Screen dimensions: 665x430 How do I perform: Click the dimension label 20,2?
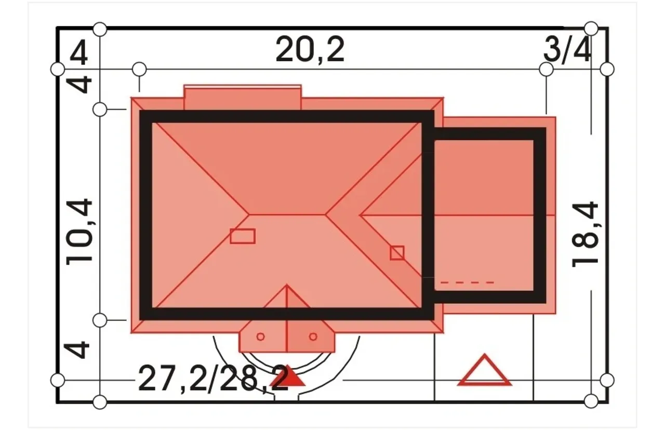(x=310, y=49)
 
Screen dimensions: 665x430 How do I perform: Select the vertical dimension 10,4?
(x=79, y=232)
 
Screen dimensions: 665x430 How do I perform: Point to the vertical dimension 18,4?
(x=585, y=234)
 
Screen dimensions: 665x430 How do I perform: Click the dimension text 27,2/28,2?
(x=213, y=379)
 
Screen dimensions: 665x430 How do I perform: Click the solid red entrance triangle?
(x=287, y=377)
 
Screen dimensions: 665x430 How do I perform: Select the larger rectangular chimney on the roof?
(x=243, y=236)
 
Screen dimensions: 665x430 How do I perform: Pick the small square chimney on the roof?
(x=397, y=253)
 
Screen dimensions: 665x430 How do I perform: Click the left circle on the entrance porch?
(x=261, y=337)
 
